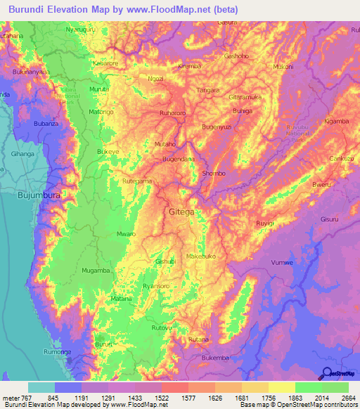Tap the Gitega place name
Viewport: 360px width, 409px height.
pos(182,211)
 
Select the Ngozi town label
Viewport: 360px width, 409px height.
pos(155,79)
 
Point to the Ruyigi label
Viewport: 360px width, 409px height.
pos(265,223)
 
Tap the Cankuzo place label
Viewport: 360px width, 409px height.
pos(341,158)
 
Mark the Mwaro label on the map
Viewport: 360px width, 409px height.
pos(126,234)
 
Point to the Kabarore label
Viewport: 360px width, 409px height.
pos(105,63)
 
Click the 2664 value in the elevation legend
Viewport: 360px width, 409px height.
pos(349,397)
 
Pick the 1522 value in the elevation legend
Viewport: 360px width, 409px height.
pos(161,397)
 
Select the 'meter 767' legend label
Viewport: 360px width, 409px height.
pos(15,397)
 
